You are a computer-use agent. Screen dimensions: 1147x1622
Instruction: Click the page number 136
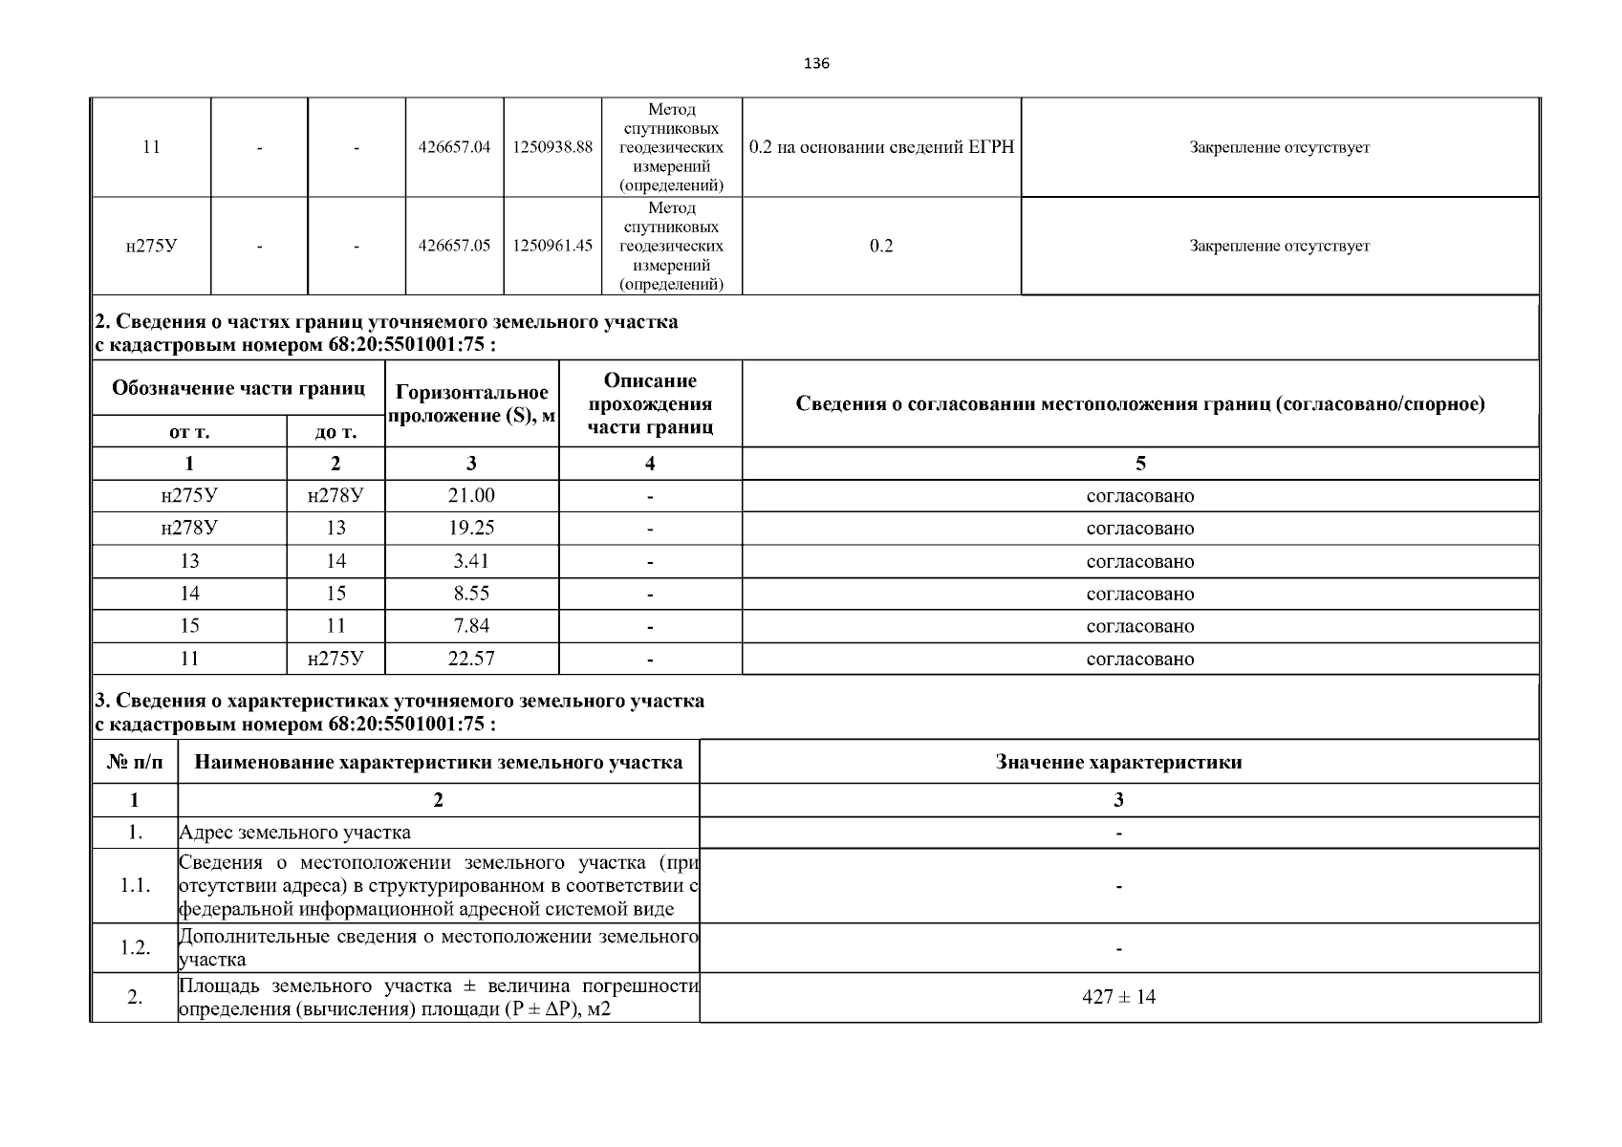click(x=816, y=64)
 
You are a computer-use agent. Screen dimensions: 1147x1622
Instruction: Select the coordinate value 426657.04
click(x=454, y=147)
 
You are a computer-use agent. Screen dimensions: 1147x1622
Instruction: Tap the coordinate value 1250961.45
click(x=552, y=246)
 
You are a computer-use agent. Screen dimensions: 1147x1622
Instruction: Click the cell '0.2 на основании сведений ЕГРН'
click(x=881, y=147)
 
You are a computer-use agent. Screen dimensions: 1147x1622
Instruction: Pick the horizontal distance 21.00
click(x=471, y=496)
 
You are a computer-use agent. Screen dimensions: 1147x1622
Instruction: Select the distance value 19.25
click(x=471, y=529)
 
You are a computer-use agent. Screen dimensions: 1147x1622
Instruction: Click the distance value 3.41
click(x=471, y=561)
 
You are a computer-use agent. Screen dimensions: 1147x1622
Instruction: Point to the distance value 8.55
click(x=471, y=594)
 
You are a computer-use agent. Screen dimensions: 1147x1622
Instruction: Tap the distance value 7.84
click(x=471, y=626)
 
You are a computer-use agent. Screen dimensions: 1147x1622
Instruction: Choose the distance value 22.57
click(x=471, y=659)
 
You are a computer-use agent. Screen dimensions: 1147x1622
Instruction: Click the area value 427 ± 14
click(x=1118, y=997)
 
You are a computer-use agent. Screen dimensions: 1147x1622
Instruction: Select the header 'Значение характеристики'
click(x=1118, y=762)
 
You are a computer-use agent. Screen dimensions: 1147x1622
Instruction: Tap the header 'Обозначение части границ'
click(x=238, y=388)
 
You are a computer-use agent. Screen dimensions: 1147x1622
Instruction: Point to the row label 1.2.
click(x=135, y=947)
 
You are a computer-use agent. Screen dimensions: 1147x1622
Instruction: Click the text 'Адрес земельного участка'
click(x=295, y=833)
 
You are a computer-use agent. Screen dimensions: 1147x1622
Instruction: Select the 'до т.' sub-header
click(x=335, y=432)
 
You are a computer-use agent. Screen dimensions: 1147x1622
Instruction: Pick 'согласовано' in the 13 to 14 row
click(x=1139, y=561)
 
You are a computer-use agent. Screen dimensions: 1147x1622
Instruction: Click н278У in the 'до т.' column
click(x=335, y=496)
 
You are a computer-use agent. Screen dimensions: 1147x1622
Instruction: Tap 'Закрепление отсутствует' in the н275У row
click(x=1279, y=246)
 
